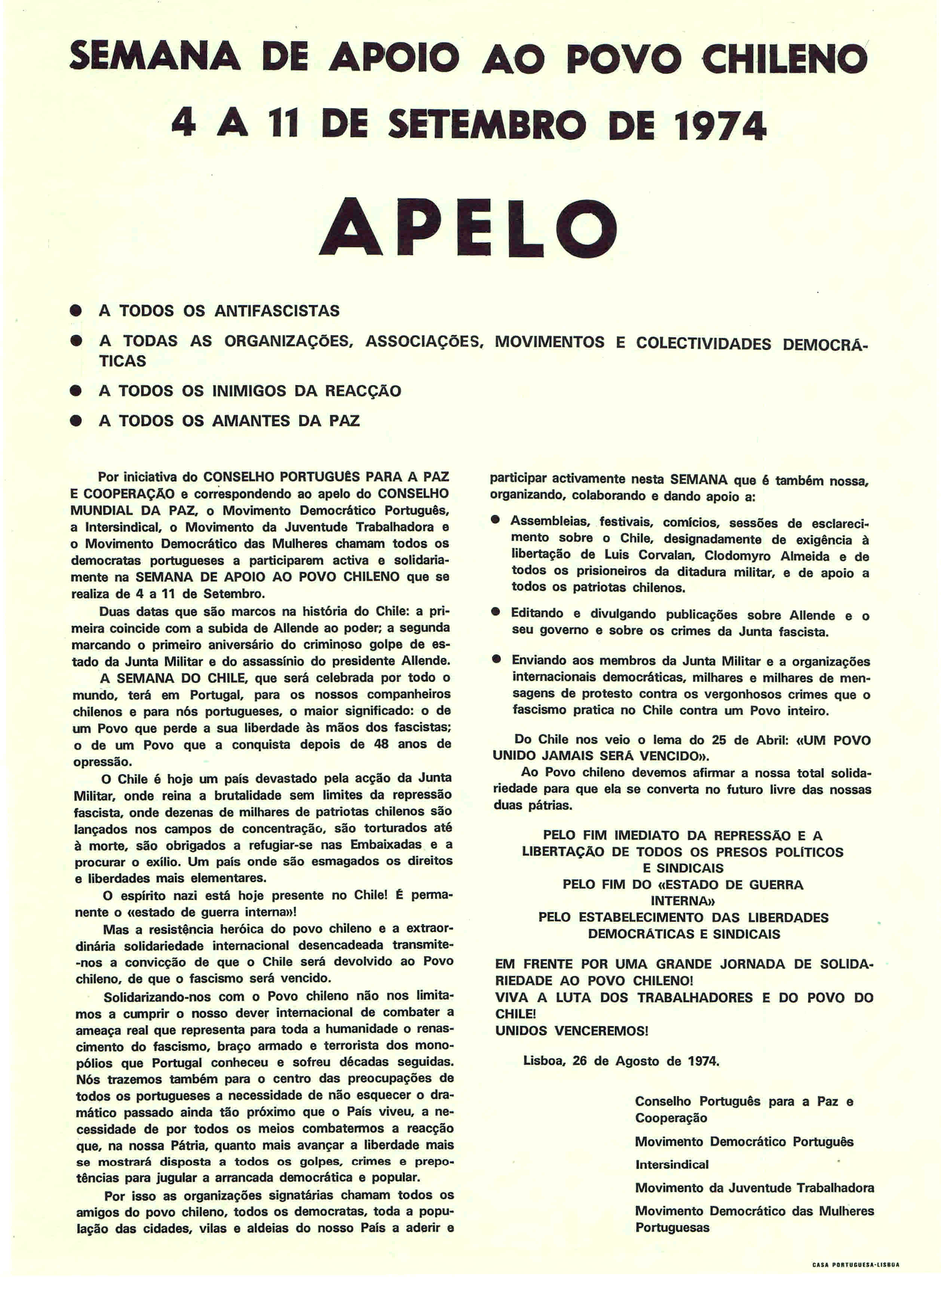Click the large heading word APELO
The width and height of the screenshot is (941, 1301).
[468, 228]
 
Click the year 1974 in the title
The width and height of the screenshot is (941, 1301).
[721, 124]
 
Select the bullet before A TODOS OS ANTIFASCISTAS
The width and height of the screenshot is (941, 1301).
[75, 311]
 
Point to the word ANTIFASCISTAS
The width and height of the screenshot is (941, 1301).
[276, 311]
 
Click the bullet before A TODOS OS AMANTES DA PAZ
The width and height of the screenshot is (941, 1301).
[75, 421]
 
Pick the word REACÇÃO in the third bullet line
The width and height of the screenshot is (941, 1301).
[363, 391]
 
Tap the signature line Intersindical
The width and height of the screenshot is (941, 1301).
[671, 1165]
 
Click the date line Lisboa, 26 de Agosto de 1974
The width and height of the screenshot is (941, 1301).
[621, 1061]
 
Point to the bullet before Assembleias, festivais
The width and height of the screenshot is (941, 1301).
[496, 520]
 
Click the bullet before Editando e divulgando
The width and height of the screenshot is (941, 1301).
[496, 613]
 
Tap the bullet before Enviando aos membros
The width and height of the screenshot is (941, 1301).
[496, 660]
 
